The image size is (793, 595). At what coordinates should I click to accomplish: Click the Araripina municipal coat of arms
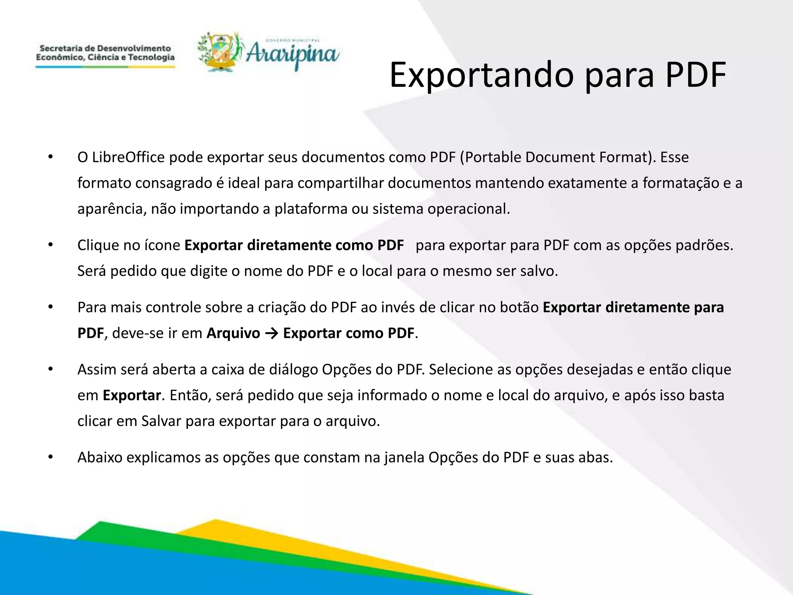(219, 52)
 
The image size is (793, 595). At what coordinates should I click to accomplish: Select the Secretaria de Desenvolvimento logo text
(105, 53)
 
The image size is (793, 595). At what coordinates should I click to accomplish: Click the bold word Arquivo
(233, 333)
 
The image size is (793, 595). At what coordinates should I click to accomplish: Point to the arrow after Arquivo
(271, 333)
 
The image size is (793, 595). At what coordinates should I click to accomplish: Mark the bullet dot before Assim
(50, 370)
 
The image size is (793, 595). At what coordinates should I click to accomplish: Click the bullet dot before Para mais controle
(50, 307)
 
